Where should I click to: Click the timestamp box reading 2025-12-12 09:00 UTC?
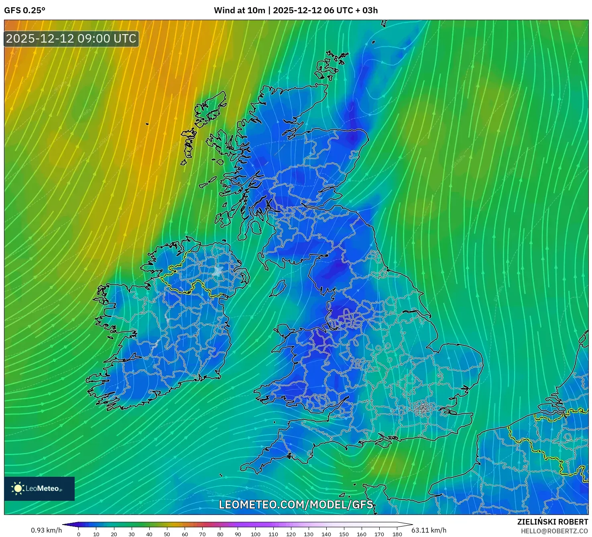click(71, 39)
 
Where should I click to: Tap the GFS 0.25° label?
click(24, 10)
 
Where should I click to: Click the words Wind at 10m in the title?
click(239, 10)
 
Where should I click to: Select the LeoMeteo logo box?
click(39, 488)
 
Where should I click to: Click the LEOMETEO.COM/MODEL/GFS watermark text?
click(296, 504)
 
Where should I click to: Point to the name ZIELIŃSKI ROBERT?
click(553, 522)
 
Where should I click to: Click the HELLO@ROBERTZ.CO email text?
click(554, 531)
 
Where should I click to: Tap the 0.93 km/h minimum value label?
click(46, 530)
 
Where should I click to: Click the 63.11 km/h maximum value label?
click(429, 530)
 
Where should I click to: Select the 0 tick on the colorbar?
click(79, 534)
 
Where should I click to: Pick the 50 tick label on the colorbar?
click(167, 534)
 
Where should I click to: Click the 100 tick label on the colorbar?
click(256, 534)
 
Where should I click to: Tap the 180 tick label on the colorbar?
click(397, 534)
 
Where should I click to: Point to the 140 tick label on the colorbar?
click(326, 534)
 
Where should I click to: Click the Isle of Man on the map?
click(278, 288)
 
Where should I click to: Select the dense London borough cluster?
click(422, 409)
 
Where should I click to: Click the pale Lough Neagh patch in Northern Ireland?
click(218, 271)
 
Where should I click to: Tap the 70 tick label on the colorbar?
click(202, 534)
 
